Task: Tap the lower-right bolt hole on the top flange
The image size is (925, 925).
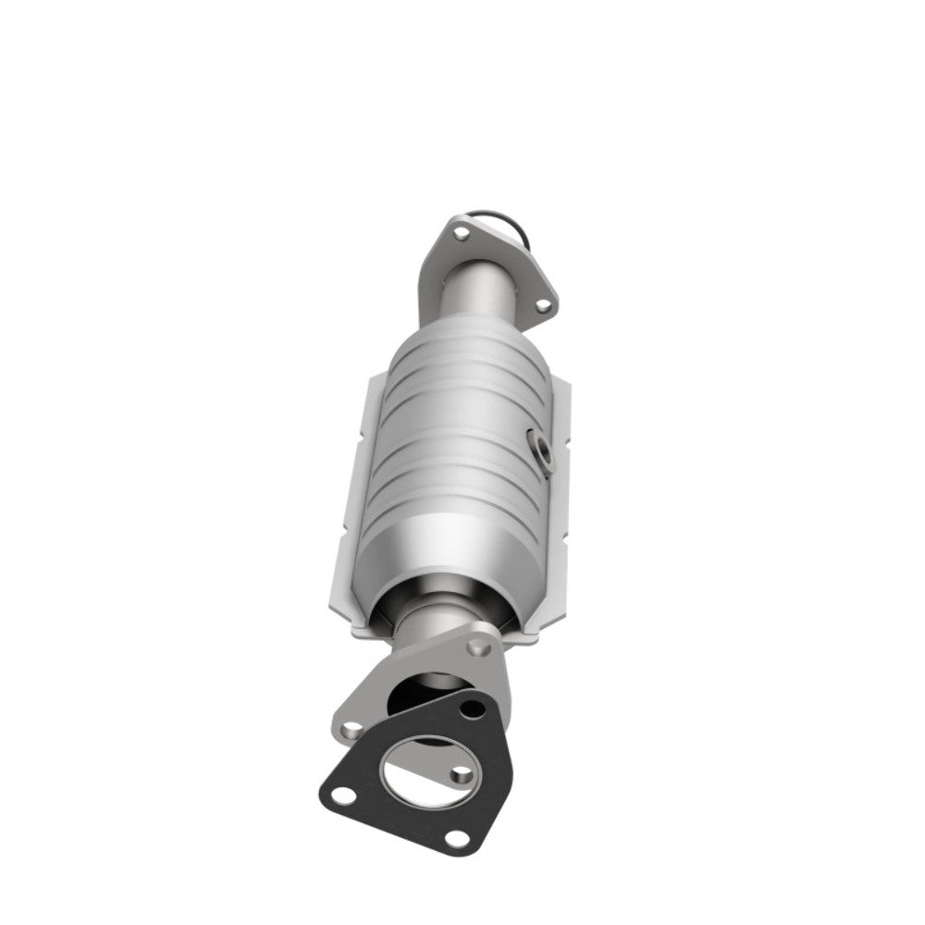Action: click(543, 302)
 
